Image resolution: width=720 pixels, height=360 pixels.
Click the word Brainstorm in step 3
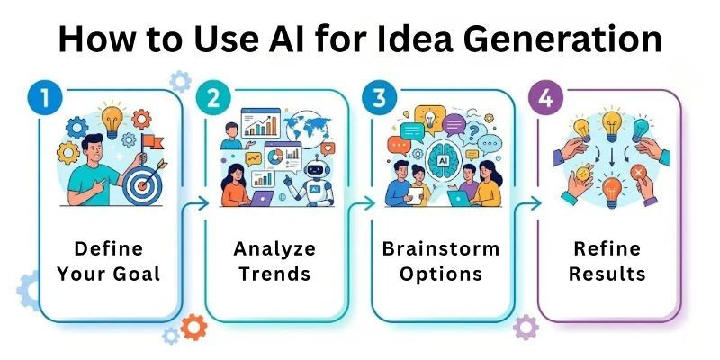[x=444, y=248]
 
